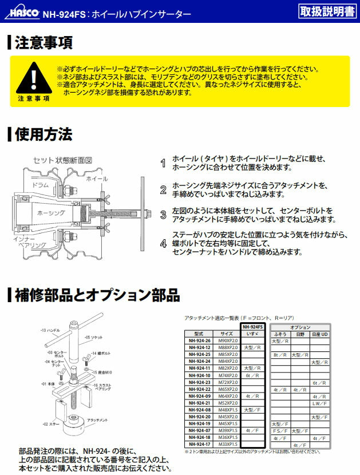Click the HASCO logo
click(22, 10)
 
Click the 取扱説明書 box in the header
click(326, 10)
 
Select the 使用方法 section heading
click(43, 134)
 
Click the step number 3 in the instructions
click(163, 215)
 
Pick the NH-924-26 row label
click(199, 341)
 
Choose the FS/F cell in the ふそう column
click(280, 430)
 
